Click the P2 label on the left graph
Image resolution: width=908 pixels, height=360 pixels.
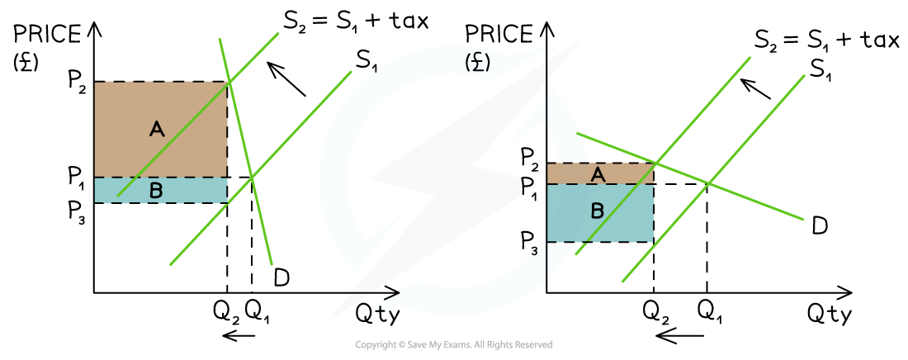[x=75, y=83]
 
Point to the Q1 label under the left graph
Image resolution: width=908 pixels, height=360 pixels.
[x=257, y=313]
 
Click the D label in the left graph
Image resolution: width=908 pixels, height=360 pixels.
[x=281, y=278]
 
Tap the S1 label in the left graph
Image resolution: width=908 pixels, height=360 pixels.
[x=365, y=61]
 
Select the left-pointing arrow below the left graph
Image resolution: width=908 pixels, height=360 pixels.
[x=239, y=336]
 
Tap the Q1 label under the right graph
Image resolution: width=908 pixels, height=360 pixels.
[x=706, y=313]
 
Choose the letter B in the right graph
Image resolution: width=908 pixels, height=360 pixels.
[x=597, y=211]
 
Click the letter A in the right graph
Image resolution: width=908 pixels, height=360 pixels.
[x=598, y=173]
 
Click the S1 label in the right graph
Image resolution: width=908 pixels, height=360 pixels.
[x=820, y=69]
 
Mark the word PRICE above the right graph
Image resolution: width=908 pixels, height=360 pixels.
[x=499, y=35]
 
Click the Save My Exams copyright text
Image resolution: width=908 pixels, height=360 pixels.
[x=454, y=345]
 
